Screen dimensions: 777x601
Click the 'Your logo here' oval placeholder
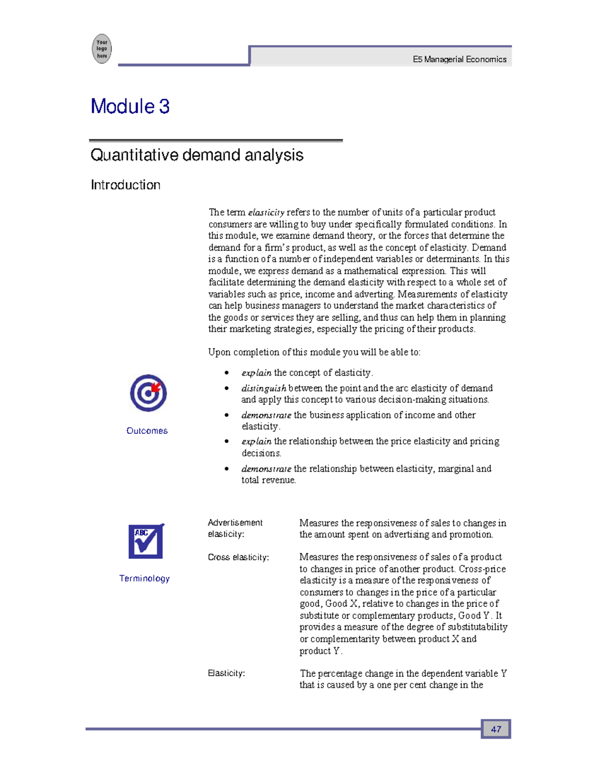click(102, 49)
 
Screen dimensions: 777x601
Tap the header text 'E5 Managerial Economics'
click(459, 60)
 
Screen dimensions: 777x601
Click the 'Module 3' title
click(130, 107)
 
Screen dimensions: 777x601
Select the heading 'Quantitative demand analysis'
click(197, 155)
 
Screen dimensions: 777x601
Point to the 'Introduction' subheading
click(125, 185)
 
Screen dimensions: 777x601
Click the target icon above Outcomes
click(148, 393)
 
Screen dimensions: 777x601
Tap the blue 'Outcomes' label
click(147, 431)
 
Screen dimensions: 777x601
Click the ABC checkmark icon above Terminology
click(146, 541)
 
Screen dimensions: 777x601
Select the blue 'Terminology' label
click(144, 578)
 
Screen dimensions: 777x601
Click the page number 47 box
click(496, 729)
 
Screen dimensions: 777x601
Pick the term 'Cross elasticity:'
click(238, 557)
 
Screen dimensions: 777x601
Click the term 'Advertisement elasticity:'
click(235, 528)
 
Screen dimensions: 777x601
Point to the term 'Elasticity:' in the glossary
click(226, 673)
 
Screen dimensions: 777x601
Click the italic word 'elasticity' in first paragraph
click(266, 213)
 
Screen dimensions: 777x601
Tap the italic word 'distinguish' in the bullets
click(263, 388)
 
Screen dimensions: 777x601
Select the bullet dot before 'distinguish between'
click(227, 388)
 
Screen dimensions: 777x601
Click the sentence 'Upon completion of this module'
click(314, 352)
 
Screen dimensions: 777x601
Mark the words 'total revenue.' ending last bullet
click(268, 480)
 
